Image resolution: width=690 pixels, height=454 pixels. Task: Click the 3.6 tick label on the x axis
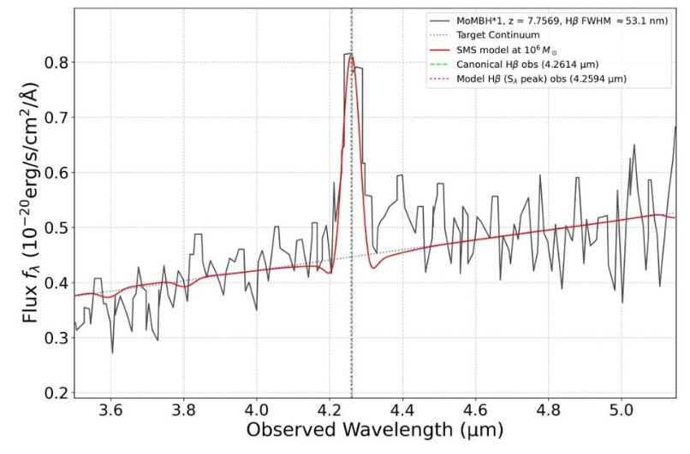tap(110, 410)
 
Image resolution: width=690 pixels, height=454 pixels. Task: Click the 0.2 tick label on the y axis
tap(57, 392)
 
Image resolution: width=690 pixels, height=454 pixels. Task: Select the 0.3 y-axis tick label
tap(57, 338)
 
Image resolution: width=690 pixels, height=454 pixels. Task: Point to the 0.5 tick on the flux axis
tap(57, 227)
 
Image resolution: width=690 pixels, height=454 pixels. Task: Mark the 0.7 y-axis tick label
tap(57, 117)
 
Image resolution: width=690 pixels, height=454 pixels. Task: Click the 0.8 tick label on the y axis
tap(57, 62)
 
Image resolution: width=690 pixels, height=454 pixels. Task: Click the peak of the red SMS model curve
tap(351, 57)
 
